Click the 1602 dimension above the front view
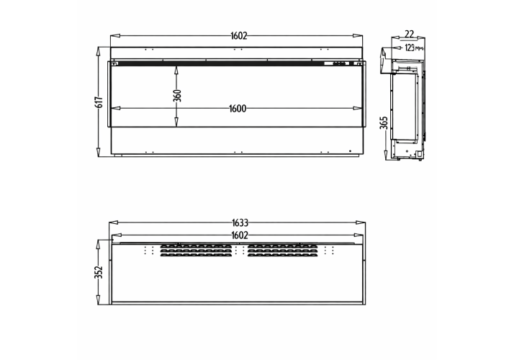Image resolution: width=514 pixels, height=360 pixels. [239, 36]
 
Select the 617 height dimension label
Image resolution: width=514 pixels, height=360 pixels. [99, 102]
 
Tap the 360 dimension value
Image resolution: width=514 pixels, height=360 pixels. [177, 96]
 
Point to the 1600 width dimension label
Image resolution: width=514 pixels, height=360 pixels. [238, 108]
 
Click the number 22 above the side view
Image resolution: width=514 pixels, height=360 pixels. [410, 34]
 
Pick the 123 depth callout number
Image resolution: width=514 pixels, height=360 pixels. [410, 48]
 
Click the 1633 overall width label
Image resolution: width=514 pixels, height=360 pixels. [240, 223]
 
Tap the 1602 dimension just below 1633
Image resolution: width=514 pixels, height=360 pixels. [240, 235]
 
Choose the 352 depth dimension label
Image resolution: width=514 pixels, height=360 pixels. [99, 272]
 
